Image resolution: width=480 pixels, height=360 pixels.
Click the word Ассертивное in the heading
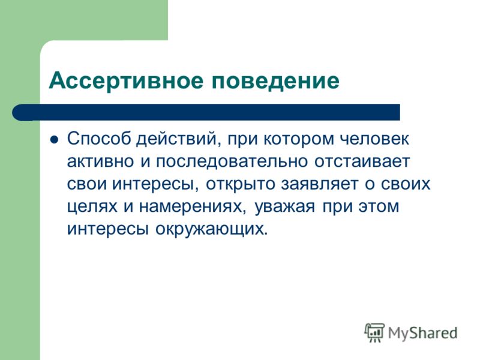(126, 81)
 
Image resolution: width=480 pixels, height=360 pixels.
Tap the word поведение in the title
(275, 81)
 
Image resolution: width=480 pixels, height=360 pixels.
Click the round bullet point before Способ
(54, 140)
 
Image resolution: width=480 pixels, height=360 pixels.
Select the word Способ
(98, 139)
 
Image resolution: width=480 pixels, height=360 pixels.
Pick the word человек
(374, 139)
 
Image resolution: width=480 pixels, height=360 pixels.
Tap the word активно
(100, 161)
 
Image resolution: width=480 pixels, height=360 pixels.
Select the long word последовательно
(232, 161)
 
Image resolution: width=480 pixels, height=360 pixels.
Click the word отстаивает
(362, 161)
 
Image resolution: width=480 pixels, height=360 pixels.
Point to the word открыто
(241, 184)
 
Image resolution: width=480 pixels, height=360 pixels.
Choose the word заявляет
(320, 184)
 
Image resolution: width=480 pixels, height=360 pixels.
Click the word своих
(406, 184)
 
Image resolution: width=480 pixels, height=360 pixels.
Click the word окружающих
(211, 229)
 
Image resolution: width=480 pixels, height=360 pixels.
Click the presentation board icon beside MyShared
(374, 332)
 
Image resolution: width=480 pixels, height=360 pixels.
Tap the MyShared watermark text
(422, 333)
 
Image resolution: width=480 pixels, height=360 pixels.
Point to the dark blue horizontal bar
(206, 112)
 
